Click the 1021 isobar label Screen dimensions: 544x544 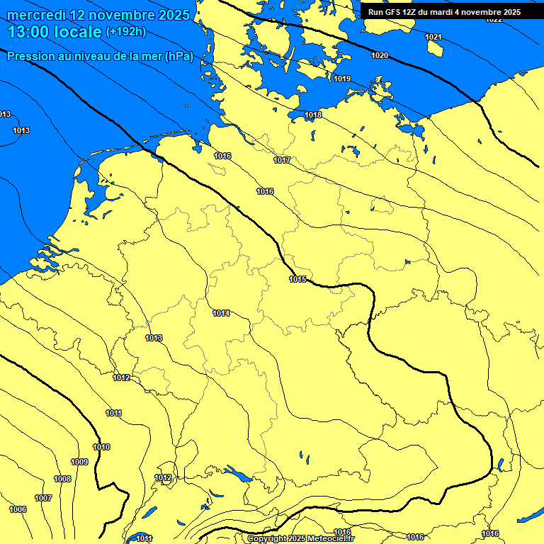tap(433, 37)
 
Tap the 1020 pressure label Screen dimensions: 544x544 tap(380, 55)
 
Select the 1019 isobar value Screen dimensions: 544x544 tap(342, 79)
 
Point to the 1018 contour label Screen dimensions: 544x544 tap(313, 115)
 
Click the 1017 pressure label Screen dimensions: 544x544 tap(282, 161)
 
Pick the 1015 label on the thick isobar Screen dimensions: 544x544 tap(297, 279)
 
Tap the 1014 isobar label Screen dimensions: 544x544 tap(221, 313)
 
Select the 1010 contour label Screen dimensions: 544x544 tap(101, 447)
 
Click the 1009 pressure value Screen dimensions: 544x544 tap(79, 463)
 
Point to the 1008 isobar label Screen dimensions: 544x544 tap(62, 480)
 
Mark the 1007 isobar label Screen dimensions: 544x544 tap(43, 498)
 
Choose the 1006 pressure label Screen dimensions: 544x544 tap(18, 510)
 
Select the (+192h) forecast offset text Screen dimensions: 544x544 tap(125, 32)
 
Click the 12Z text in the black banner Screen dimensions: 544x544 tap(409, 12)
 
